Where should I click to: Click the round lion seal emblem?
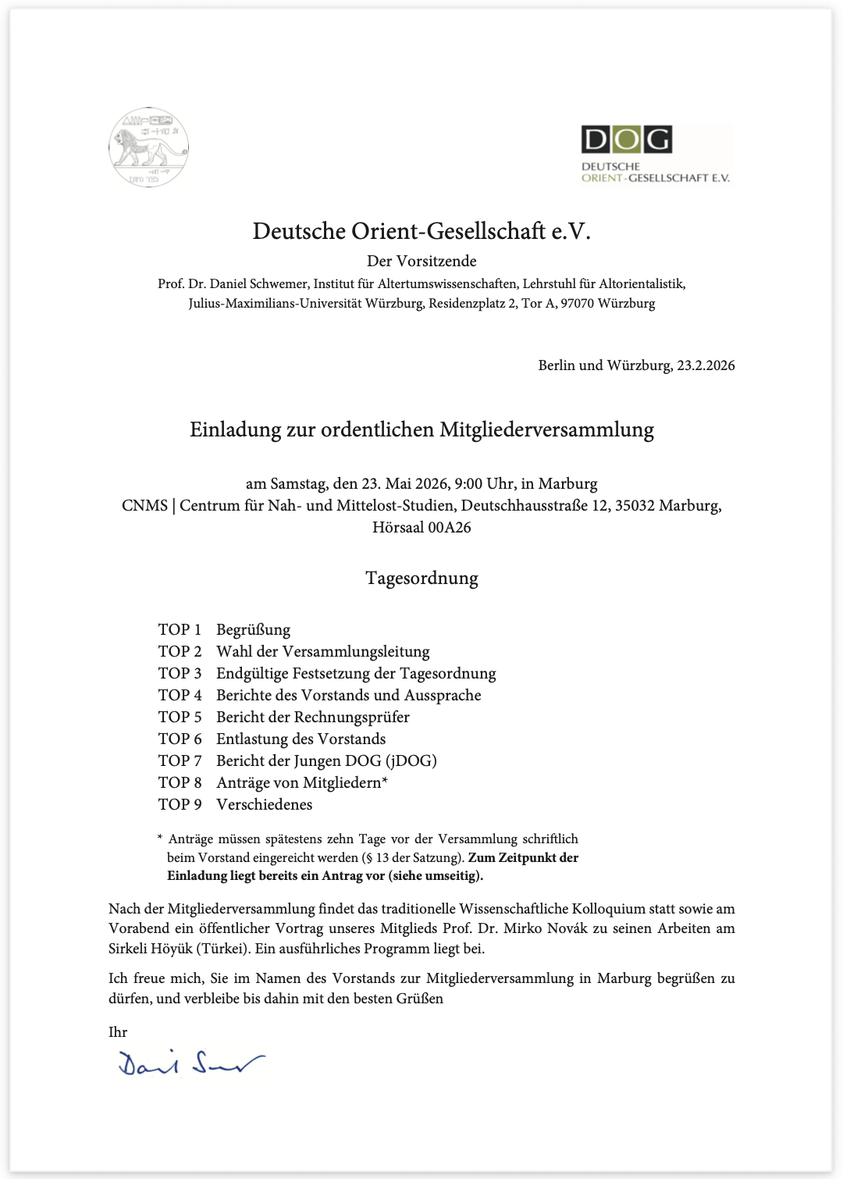tap(148, 148)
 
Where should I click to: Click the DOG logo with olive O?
tap(626, 140)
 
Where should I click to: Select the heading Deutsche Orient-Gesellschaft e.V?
tap(421, 231)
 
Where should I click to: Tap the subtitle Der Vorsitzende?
tap(421, 261)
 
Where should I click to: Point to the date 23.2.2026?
tap(706, 365)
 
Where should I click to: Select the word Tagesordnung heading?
tap(421, 579)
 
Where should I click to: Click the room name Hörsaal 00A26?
tap(421, 528)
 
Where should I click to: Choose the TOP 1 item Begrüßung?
tap(253, 629)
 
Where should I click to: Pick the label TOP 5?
tap(180, 717)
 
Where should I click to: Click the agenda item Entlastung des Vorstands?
tap(301, 739)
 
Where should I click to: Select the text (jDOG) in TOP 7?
tap(411, 760)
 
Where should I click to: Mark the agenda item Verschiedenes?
tap(264, 804)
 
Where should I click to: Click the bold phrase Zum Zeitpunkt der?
tap(523, 857)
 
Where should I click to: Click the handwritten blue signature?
tap(191, 1063)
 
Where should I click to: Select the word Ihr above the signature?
tap(118, 1032)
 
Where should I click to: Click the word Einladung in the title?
tap(233, 429)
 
